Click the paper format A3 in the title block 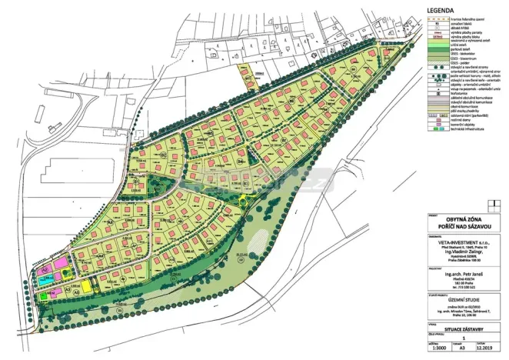pos(464,348)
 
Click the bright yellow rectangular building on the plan pos(86,285)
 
